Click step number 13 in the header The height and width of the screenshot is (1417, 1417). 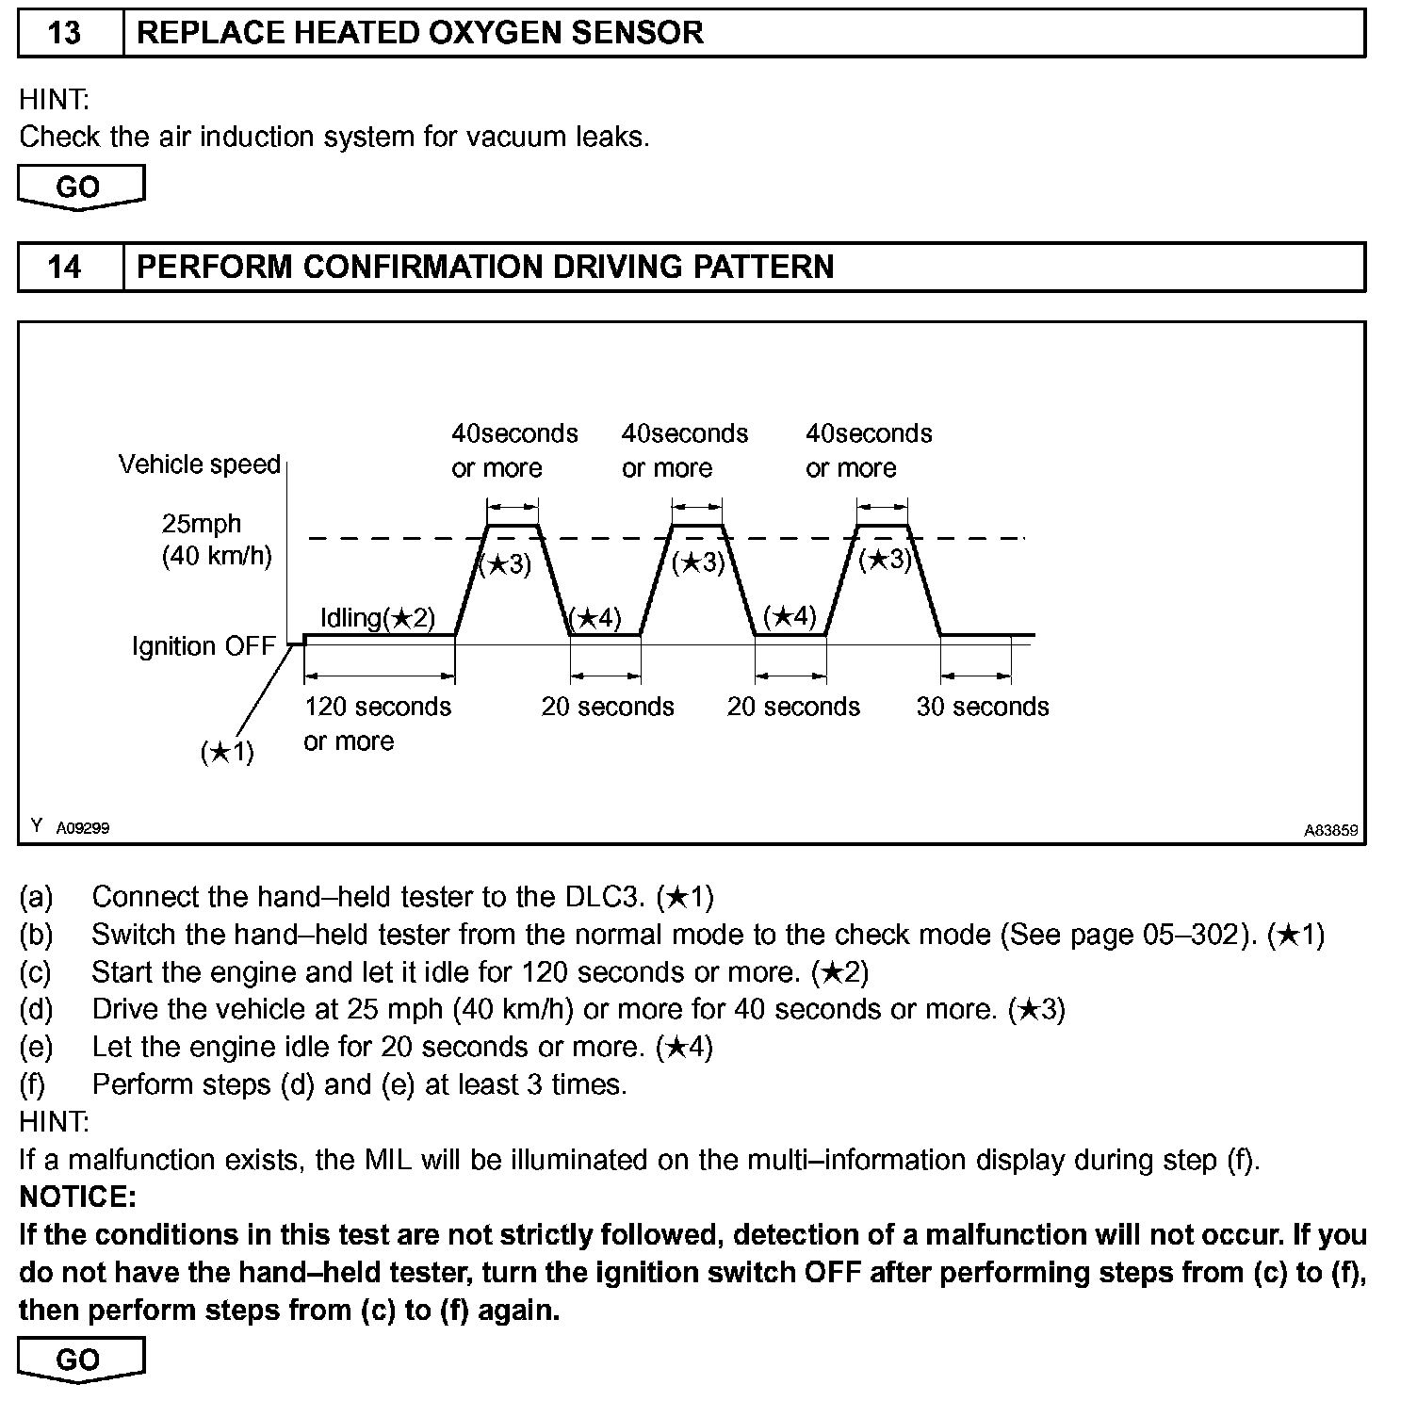tap(64, 33)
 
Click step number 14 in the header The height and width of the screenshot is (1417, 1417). tap(64, 267)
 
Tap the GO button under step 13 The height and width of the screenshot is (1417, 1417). tap(79, 187)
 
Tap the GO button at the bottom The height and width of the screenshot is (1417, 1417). tap(79, 1360)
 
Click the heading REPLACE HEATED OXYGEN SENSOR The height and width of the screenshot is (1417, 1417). tap(420, 33)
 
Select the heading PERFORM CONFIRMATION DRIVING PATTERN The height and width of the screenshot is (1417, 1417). tap(485, 267)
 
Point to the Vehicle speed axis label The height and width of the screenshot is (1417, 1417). tap(200, 464)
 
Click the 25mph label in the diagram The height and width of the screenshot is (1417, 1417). tap(201, 524)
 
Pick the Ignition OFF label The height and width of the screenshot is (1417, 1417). tap(204, 646)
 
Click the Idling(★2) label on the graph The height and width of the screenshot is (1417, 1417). tap(378, 618)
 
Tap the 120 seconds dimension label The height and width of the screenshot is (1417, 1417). tap(378, 707)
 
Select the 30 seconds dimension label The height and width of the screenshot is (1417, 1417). tap(983, 707)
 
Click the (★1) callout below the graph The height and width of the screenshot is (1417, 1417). tap(227, 752)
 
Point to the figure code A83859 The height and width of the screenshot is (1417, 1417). tap(1331, 830)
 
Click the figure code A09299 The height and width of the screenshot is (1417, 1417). tap(83, 828)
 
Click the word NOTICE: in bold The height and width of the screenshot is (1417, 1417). tap(77, 1197)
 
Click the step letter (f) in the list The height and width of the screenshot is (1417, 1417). tap(32, 1084)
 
